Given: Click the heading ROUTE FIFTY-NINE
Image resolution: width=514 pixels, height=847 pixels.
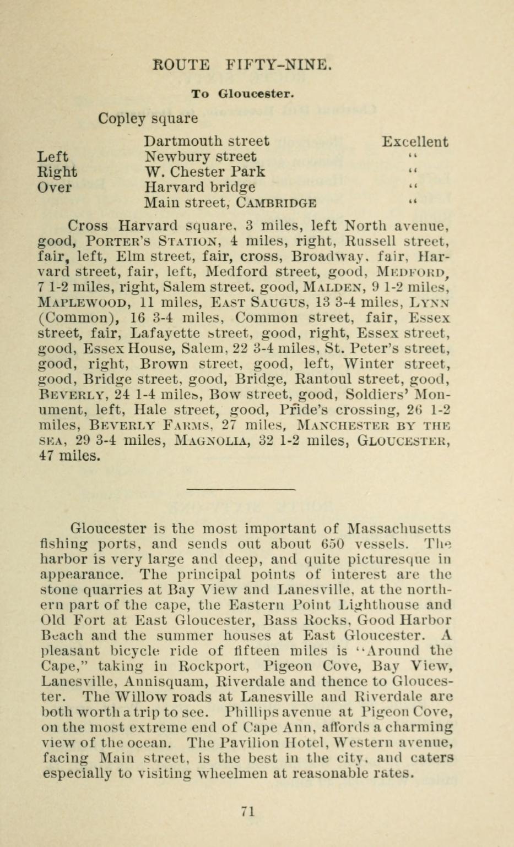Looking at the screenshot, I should [x=242, y=65].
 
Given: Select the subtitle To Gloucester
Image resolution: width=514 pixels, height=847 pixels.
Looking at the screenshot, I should [x=242, y=94].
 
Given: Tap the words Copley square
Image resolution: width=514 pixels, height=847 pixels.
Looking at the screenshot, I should [x=148, y=119].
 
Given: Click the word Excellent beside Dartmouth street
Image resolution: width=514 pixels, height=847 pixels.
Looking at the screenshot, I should [x=415, y=142].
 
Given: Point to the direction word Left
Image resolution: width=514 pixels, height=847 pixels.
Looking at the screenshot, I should [x=53, y=157].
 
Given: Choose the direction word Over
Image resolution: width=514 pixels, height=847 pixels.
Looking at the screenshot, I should [x=55, y=188].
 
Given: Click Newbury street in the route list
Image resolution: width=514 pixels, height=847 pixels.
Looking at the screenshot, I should [x=200, y=157].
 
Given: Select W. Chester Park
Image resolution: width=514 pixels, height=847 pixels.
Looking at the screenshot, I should [x=204, y=172].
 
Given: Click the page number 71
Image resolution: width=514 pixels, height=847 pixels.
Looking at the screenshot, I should [x=247, y=811].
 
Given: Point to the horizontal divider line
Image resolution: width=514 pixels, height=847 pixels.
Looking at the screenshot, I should [x=241, y=489].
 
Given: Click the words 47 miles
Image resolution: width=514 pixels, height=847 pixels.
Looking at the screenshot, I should [x=69, y=456].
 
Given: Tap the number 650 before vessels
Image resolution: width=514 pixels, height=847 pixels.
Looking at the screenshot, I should [x=332, y=544].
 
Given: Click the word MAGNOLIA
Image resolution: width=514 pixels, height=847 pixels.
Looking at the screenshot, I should [x=225, y=441].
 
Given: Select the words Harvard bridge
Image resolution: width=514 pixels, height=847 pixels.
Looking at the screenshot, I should [x=200, y=188].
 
